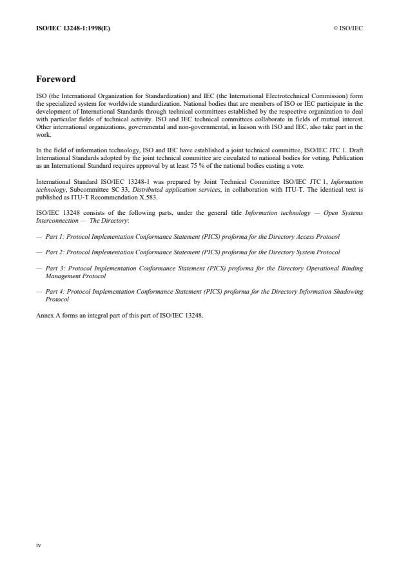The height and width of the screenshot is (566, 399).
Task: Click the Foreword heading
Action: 55,79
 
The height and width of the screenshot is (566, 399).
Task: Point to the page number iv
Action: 38,545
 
